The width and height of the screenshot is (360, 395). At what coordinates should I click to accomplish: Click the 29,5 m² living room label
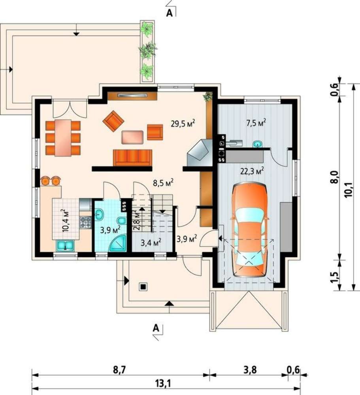point(183,124)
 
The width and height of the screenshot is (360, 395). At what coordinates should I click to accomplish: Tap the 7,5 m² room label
point(256,123)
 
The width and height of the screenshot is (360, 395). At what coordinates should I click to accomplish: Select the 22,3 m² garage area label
point(252,171)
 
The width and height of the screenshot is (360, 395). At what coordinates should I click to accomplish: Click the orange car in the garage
point(250,230)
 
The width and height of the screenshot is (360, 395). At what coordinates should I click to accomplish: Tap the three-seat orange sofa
point(133,158)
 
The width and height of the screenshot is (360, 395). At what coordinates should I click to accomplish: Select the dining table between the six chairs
point(63,137)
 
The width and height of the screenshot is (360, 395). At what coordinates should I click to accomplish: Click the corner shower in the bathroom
point(118,243)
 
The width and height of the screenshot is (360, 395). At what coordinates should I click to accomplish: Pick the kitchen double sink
point(65,246)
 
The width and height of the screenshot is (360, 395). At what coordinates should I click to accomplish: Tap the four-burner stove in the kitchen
point(85,222)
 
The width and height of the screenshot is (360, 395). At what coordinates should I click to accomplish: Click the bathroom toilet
point(122,220)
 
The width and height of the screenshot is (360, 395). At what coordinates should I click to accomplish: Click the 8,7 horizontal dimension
point(119,370)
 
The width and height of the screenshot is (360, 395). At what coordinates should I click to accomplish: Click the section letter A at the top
point(170,13)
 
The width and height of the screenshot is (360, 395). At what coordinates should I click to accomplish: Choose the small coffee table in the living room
point(132,137)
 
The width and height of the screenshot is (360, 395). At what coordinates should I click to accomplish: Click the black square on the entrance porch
point(143,287)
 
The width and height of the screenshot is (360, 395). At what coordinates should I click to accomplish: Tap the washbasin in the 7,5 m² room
point(258,144)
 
